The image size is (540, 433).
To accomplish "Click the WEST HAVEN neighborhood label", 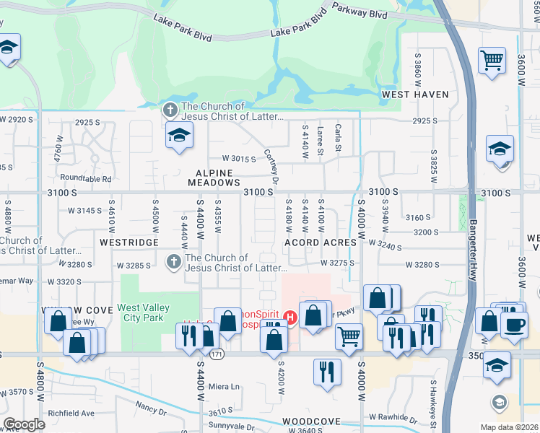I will click(415, 95).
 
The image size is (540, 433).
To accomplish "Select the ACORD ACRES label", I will click(321, 242).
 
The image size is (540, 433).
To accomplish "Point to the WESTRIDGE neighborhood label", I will click(129, 242).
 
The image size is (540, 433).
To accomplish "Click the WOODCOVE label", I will click(311, 421).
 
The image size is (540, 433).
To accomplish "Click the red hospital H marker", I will click(290, 317).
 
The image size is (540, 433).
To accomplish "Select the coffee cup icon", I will click(513, 324).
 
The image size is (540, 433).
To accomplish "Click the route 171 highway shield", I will click(217, 354).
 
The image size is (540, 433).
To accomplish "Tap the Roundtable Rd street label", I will click(87, 178).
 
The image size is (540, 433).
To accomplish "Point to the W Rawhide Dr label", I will click(393, 418).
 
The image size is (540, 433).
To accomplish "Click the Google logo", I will click(25, 424).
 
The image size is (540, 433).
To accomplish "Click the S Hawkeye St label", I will click(434, 407).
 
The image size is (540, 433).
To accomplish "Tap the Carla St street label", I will click(338, 138).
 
